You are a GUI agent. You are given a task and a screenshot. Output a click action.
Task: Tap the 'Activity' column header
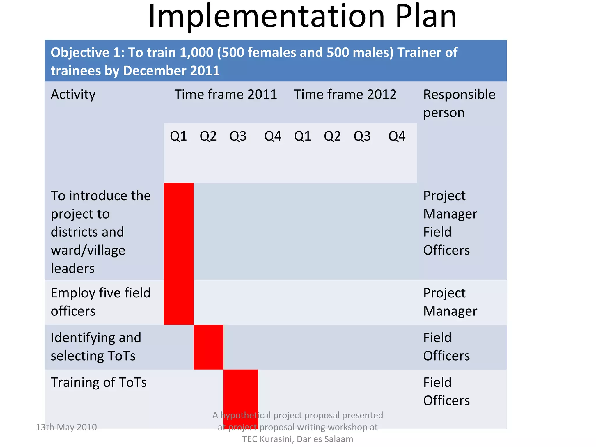[73, 95]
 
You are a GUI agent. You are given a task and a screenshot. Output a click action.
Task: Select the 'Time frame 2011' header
[226, 95]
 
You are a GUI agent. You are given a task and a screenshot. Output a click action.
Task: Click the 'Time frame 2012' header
[345, 95]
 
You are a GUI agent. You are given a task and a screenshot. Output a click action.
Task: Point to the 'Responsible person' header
[459, 103]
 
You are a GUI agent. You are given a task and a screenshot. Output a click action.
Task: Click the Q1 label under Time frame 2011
[178, 136]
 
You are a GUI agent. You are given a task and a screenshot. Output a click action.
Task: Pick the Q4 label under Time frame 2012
[397, 136]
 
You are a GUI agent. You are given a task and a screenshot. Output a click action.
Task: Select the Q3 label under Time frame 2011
[238, 136]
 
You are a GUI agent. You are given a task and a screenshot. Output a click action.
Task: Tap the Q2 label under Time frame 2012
[332, 136]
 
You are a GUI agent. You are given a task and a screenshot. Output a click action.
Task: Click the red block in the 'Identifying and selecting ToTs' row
[208, 347]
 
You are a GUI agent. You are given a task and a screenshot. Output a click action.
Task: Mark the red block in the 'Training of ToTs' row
[241, 390]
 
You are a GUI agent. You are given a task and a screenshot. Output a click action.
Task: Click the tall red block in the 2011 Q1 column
[179, 253]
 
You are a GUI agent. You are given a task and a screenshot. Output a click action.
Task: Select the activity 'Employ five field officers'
[101, 302]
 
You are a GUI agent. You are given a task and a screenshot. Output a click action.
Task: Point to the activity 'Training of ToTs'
[99, 382]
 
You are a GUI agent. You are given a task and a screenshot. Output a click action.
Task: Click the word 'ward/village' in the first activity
[88, 251]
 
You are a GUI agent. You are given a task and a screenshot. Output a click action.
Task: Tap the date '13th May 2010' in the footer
[66, 427]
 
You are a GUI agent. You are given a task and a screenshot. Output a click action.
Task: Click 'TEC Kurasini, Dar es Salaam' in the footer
[297, 439]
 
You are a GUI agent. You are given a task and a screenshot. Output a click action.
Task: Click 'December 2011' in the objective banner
[171, 71]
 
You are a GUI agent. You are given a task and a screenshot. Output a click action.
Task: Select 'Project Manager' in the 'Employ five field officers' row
[450, 302]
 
